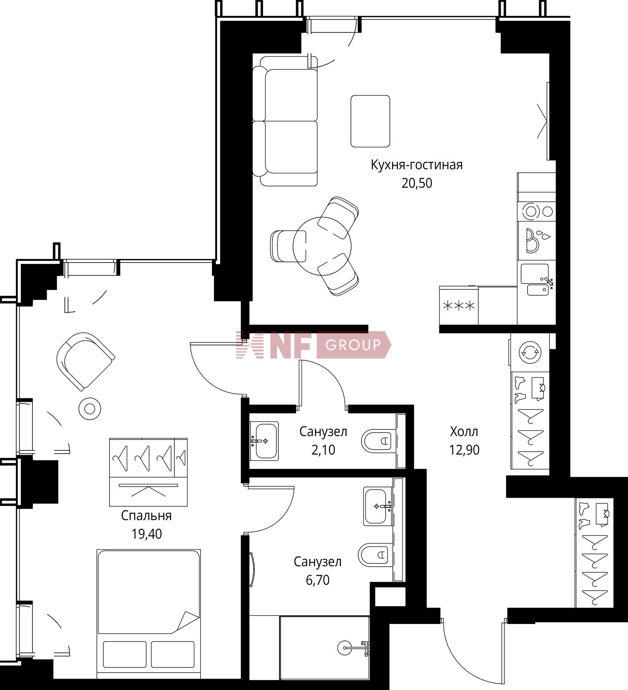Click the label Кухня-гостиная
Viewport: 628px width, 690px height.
pos(416,165)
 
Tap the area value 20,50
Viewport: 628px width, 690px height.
pos(417,183)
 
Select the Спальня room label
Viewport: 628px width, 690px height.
pos(146,516)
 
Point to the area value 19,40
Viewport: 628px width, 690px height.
pos(147,534)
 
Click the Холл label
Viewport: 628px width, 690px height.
pos(464,432)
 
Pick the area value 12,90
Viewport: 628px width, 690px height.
pos(464,450)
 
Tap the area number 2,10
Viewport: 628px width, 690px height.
pos(323,450)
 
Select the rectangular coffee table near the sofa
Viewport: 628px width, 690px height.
pos(370,121)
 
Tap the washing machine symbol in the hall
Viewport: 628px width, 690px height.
pos(530,352)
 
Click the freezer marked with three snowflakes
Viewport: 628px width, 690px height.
pos(459,305)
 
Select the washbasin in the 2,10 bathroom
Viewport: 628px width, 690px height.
pos(264,441)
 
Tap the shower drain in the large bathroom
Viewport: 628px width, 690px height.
pos(344,647)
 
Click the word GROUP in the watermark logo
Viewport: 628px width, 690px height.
pos(353,345)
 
